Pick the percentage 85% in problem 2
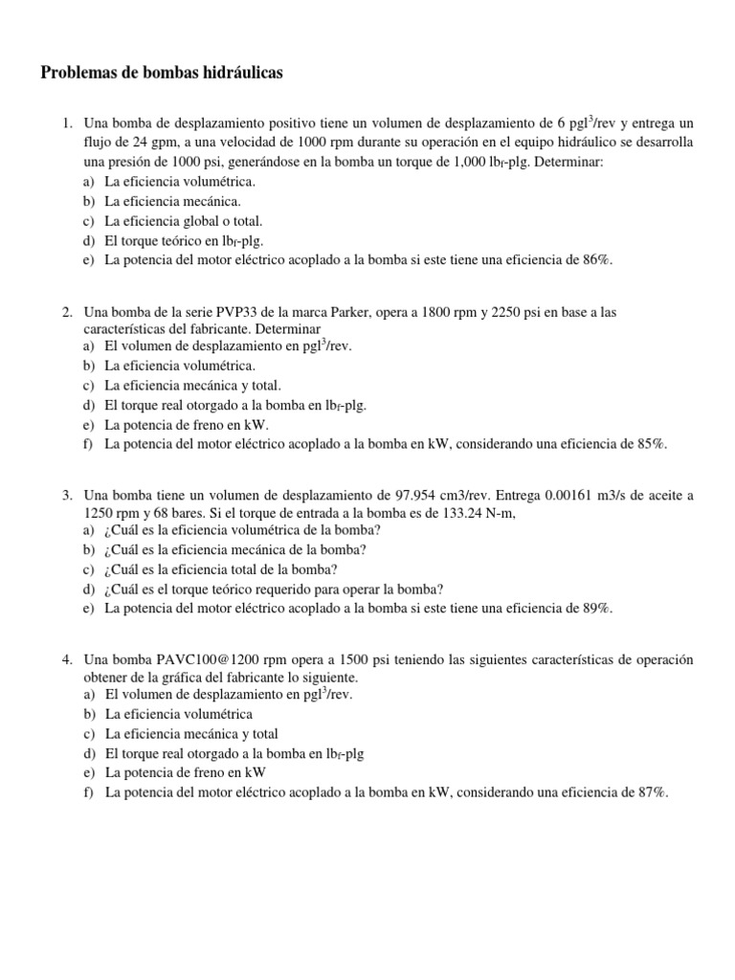(x=651, y=443)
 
